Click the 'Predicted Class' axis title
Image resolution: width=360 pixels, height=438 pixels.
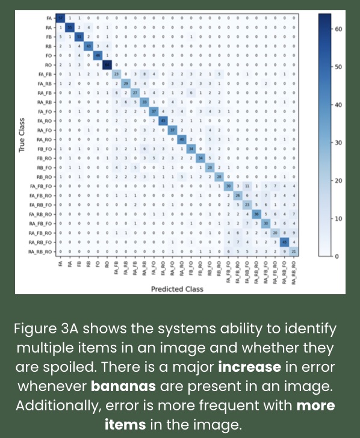177,289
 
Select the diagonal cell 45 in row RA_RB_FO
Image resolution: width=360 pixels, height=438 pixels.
284,242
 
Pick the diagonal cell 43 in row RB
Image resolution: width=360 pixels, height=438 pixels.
88,46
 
